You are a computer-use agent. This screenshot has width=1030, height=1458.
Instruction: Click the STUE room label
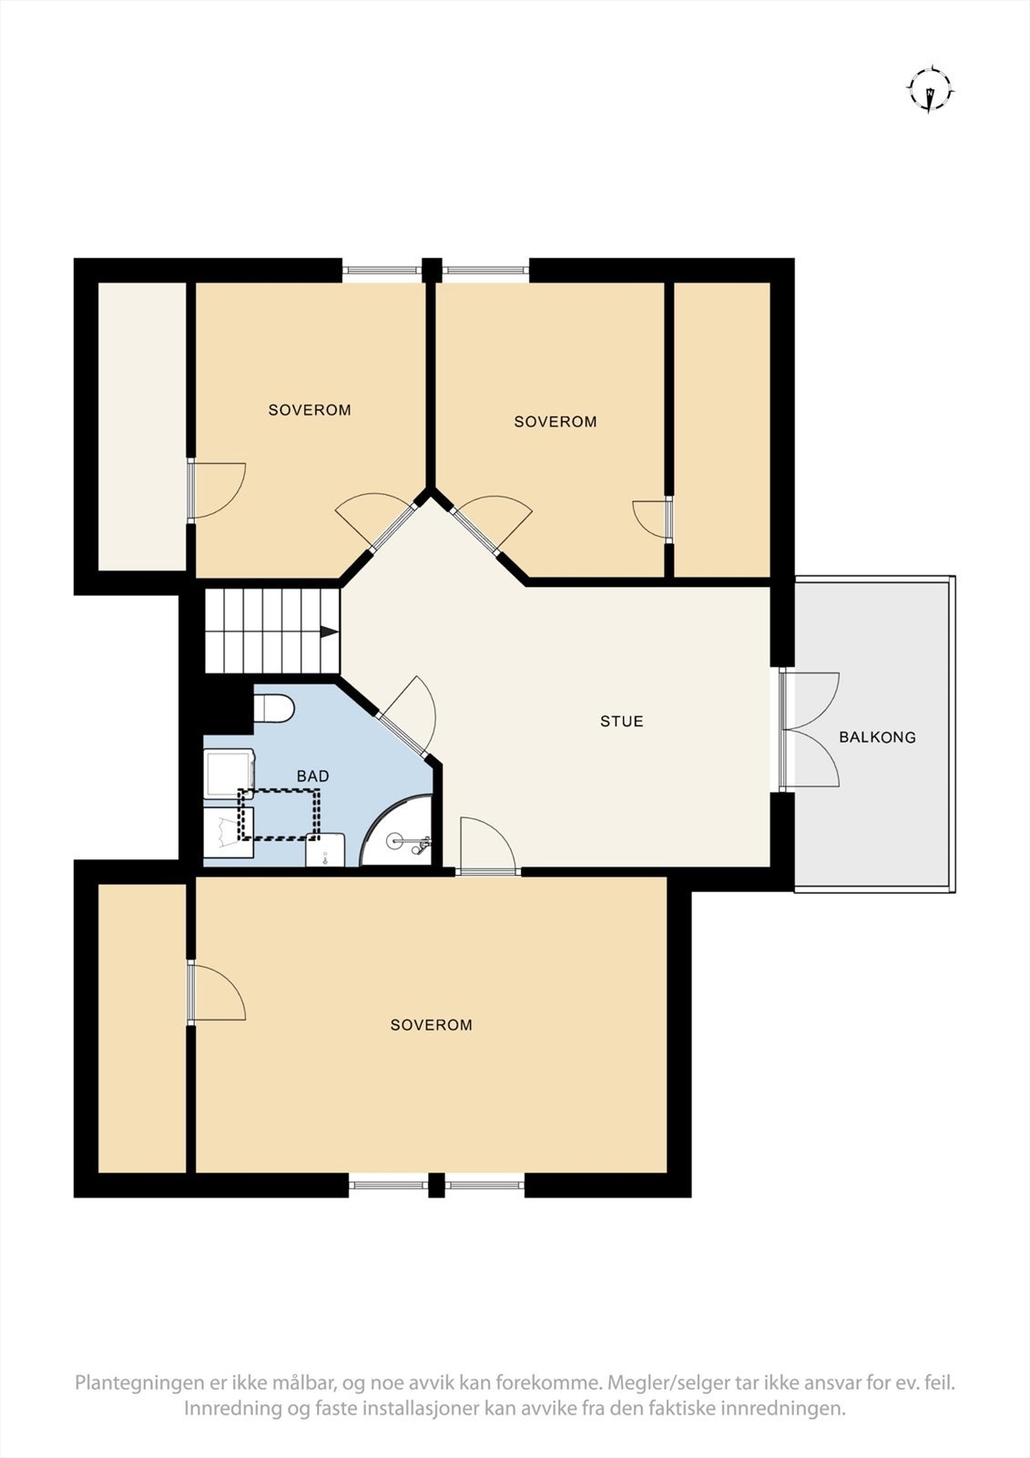click(621, 722)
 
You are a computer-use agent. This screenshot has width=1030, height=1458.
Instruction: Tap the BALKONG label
click(877, 737)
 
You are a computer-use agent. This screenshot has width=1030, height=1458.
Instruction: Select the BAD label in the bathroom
click(312, 776)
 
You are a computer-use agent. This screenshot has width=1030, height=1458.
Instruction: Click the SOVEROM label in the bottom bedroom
click(431, 1025)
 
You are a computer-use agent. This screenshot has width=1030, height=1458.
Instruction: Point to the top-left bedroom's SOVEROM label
click(310, 410)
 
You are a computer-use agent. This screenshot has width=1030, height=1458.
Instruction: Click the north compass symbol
click(930, 89)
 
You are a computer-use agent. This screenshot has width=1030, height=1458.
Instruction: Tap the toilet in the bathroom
click(272, 707)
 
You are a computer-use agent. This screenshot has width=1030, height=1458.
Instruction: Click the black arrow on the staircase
click(329, 631)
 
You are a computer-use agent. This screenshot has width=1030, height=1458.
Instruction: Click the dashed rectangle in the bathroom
click(280, 815)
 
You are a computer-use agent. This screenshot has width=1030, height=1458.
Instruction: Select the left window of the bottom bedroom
click(388, 1185)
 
